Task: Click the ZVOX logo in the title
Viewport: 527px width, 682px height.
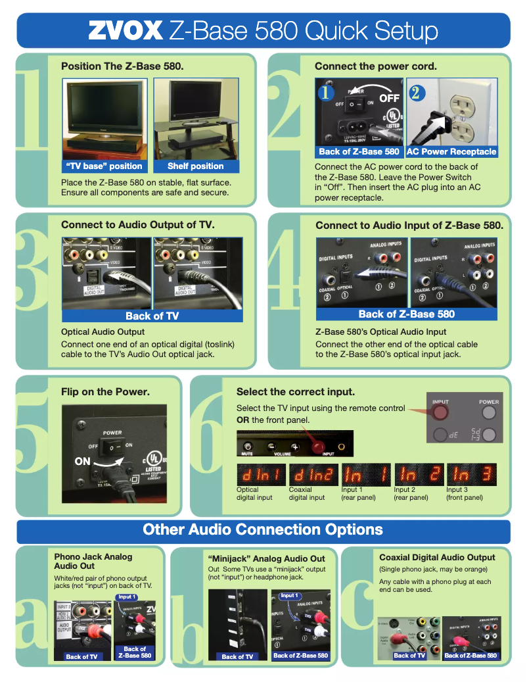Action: pos(125,31)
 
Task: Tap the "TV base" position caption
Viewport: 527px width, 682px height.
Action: pos(104,166)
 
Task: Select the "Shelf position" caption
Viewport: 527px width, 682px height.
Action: pos(195,166)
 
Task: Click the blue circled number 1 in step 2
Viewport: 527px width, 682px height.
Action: pos(324,93)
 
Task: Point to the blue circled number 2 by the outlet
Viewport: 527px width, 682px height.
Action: pos(415,93)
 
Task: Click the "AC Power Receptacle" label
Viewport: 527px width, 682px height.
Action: pos(451,152)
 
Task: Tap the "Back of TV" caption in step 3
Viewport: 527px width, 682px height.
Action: pos(152,316)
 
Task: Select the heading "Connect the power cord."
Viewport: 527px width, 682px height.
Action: pos(375,66)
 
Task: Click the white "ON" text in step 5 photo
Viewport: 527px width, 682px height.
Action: pos(82,462)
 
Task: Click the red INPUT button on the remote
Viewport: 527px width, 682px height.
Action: pos(440,412)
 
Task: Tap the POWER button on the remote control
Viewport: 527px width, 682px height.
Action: pos(488,412)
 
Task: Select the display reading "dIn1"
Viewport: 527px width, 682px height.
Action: pos(260,474)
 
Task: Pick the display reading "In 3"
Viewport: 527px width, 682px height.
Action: pos(471,474)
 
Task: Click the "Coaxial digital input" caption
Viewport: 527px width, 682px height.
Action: pos(307,494)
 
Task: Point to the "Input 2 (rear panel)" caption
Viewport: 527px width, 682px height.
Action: pos(411,494)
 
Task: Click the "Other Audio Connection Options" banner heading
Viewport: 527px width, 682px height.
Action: pos(263,530)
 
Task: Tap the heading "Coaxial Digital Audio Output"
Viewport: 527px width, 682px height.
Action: pos(437,558)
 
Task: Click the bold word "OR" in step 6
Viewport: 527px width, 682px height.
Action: pos(242,420)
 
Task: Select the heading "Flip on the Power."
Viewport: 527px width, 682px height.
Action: pos(105,392)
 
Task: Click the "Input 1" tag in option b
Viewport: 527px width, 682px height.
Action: pos(288,596)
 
